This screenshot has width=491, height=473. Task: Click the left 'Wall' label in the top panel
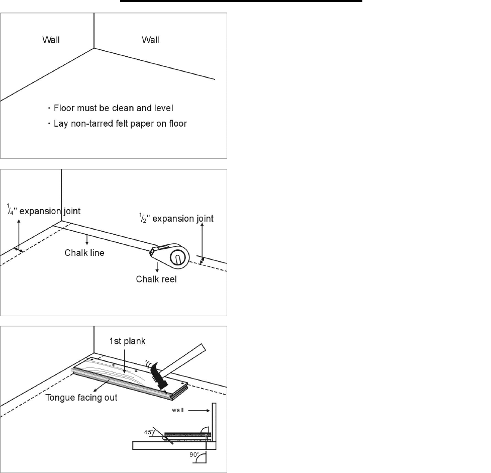coord(51,40)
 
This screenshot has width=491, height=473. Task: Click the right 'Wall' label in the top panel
coord(150,40)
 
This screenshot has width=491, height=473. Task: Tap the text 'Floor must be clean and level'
coord(114,108)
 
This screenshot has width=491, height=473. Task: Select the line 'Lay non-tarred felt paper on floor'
coord(120,124)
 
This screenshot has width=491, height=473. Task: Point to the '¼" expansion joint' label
coord(44,210)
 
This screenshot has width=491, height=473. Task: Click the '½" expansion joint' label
coord(176,218)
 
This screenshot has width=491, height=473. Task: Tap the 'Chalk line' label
coord(84,253)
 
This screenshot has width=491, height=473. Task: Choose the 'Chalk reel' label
coord(156,279)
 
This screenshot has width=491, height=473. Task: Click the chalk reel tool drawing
coord(170,256)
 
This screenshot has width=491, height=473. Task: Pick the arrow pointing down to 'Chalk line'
coord(87,239)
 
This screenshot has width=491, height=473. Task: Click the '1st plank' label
coord(128,341)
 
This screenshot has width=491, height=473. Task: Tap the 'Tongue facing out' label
coord(81,398)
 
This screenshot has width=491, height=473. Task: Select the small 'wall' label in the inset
coord(177,410)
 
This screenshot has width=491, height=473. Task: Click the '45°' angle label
coord(148,432)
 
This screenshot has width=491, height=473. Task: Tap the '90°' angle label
coord(194,454)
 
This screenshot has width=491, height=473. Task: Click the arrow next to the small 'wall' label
coord(199,411)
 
